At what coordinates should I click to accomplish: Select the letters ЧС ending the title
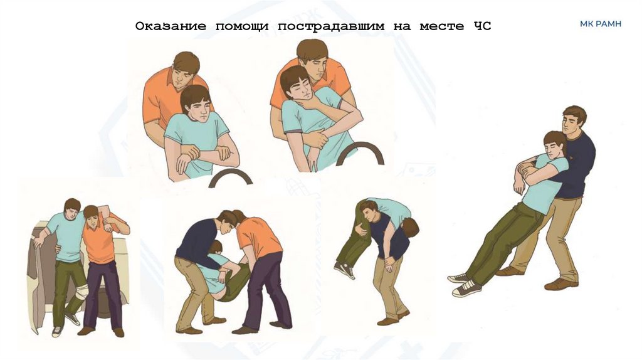483,26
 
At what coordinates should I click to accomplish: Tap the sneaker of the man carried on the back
344,270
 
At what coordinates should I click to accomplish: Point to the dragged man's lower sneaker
467,289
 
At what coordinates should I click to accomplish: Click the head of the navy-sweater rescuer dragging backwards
573,120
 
